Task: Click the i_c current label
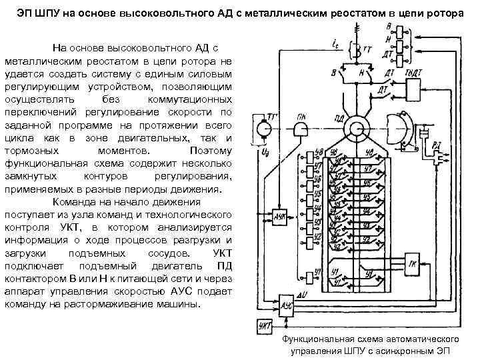(x=333, y=44)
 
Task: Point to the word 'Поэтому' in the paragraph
(x=210, y=151)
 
